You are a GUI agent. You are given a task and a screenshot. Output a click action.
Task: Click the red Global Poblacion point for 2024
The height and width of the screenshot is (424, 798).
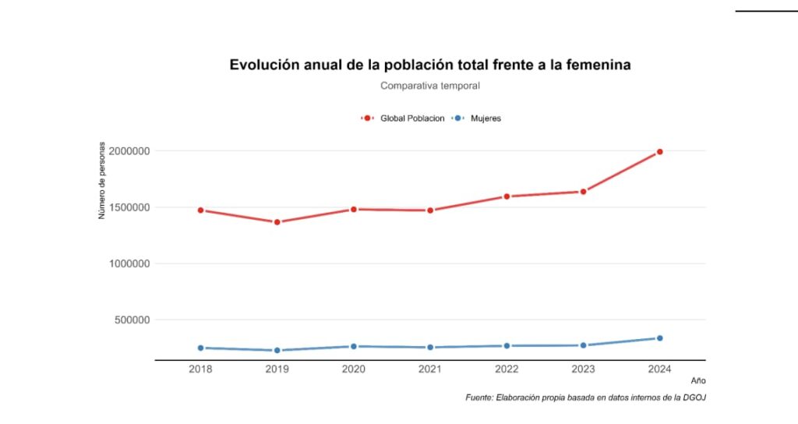[659, 151]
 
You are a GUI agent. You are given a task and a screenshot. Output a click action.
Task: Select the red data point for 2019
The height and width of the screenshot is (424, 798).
[277, 222]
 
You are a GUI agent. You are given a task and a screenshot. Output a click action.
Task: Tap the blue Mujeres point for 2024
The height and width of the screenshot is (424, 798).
[659, 338]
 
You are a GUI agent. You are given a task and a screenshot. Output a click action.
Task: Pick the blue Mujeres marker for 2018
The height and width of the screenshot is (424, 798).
[200, 348]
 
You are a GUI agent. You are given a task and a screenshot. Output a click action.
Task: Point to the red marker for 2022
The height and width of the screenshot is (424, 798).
[507, 196]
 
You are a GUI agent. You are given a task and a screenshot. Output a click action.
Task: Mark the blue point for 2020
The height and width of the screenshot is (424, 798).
[353, 346]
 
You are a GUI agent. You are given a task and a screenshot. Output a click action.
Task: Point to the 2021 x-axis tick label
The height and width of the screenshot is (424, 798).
[430, 369]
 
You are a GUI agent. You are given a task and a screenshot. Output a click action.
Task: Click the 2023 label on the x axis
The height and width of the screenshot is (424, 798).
[583, 369]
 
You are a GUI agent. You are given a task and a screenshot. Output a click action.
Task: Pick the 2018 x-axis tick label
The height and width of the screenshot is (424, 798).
[200, 369]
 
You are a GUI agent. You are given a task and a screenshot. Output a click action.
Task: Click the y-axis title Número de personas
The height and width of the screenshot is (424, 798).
[102, 181]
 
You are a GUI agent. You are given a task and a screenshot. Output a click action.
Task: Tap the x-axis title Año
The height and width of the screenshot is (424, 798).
[697, 380]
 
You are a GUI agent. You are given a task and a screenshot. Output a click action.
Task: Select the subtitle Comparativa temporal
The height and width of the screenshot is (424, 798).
[429, 86]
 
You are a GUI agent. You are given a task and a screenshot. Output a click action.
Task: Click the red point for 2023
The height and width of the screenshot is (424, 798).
[583, 192]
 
